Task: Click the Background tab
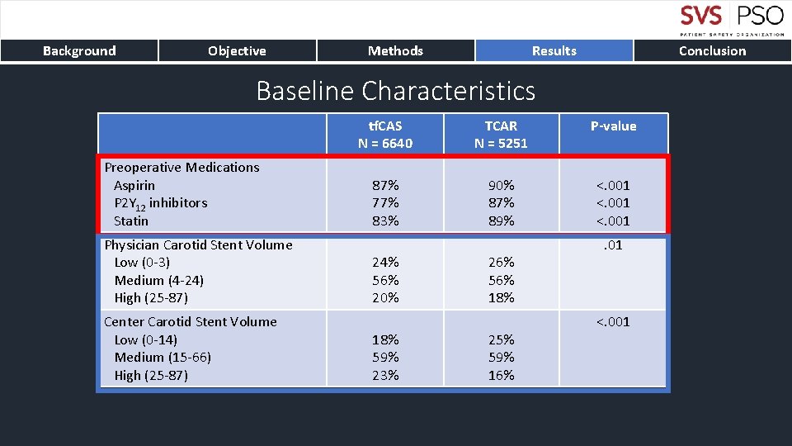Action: (x=79, y=51)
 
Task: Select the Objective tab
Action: (x=237, y=51)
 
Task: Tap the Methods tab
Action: (x=395, y=51)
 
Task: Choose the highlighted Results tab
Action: (x=554, y=51)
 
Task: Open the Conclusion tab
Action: (x=712, y=51)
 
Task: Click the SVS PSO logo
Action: (x=732, y=20)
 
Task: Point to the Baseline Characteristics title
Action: (x=395, y=90)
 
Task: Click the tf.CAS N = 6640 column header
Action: (x=385, y=135)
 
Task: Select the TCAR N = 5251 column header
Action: (x=501, y=135)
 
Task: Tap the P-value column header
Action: (x=613, y=126)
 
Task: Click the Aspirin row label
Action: (x=134, y=185)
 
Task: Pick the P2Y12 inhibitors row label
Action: (x=160, y=203)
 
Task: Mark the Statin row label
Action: (x=131, y=221)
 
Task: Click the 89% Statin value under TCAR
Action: (x=501, y=221)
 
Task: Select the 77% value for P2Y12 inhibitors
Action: (x=385, y=203)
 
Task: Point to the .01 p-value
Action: (x=613, y=245)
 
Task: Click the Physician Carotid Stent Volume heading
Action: (x=198, y=244)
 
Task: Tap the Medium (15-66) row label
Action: (x=163, y=358)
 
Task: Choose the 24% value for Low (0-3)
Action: (x=385, y=263)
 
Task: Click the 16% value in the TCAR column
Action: (x=501, y=375)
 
